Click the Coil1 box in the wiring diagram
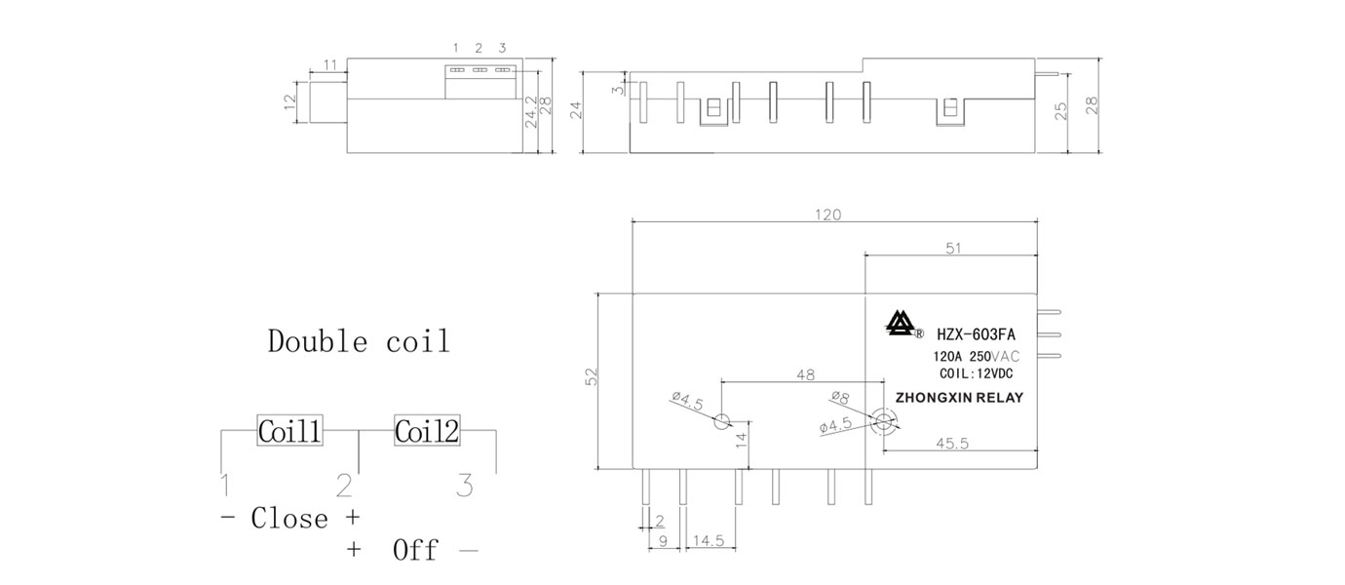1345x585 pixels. point(289,431)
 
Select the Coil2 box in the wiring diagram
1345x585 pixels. point(427,431)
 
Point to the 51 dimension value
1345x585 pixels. point(952,249)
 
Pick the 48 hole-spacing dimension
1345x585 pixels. point(805,372)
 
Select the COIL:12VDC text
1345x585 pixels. point(975,373)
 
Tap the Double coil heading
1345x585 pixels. point(359,342)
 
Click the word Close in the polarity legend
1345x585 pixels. point(289,518)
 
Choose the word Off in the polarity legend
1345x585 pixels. point(416,550)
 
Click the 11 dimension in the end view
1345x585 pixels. point(330,64)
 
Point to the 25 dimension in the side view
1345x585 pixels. point(1061,110)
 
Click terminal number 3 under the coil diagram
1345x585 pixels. point(466,485)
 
